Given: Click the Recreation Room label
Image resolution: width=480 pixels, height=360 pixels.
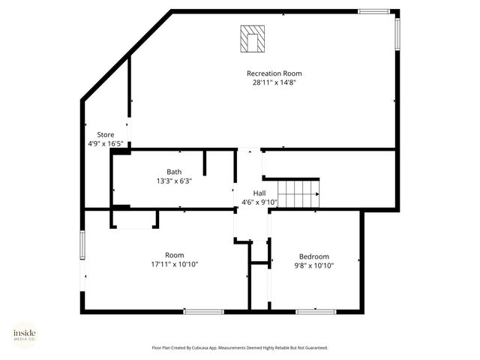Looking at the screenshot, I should click(x=274, y=73).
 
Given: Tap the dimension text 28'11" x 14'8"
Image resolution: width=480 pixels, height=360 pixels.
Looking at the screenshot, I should click(x=274, y=83).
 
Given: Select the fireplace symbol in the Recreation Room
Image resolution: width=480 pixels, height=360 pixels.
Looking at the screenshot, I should click(x=253, y=39).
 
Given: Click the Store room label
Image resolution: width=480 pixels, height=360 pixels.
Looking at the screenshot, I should click(x=105, y=134).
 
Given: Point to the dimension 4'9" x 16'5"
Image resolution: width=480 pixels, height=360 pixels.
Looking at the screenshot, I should click(x=105, y=144).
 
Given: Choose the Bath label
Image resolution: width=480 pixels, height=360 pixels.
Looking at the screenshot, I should click(x=174, y=172).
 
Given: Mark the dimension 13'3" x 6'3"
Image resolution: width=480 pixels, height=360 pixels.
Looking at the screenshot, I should click(x=174, y=181).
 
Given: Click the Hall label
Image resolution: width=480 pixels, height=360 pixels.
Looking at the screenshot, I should click(x=259, y=193).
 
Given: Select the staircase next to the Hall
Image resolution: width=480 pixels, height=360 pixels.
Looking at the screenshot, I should click(x=298, y=193).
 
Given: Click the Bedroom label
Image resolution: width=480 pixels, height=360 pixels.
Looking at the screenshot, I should click(x=313, y=256).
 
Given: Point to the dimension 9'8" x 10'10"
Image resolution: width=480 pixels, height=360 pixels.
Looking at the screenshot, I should click(x=313, y=265).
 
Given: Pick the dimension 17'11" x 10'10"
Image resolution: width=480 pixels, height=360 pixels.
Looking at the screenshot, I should click(x=174, y=264).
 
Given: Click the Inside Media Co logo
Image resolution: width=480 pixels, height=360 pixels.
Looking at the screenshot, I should click(x=24, y=334).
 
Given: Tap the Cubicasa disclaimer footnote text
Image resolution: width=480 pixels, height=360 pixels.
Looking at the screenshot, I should click(x=240, y=348).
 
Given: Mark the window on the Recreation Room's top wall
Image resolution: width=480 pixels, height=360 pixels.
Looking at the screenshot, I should click(x=373, y=11).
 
